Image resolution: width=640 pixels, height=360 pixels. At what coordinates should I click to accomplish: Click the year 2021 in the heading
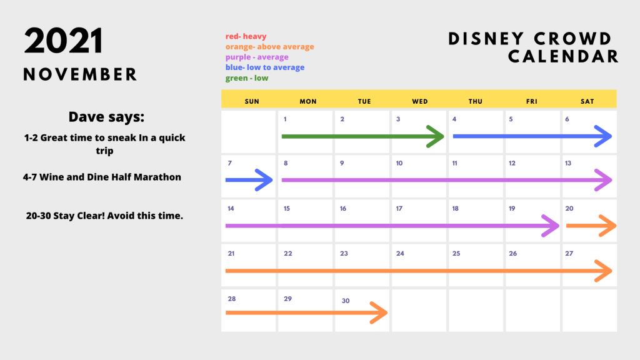(63, 41)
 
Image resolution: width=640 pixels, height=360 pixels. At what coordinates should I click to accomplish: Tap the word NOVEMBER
(80, 75)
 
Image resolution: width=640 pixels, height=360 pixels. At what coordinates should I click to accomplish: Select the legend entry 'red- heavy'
(246, 36)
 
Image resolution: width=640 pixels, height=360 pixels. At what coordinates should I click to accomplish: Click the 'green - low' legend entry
(247, 78)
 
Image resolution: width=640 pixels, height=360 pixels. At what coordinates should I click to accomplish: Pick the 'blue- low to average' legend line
(265, 67)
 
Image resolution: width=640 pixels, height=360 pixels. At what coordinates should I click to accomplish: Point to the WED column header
(420, 101)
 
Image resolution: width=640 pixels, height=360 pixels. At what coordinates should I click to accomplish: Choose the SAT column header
(587, 101)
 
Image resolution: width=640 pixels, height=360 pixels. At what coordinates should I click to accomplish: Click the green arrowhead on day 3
(435, 136)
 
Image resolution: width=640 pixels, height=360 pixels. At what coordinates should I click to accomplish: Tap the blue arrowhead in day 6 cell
(603, 136)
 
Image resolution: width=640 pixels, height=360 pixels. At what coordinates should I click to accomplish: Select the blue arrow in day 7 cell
(249, 180)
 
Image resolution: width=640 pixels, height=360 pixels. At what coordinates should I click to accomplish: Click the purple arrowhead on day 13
(603, 180)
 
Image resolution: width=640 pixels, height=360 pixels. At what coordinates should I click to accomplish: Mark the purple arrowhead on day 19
(550, 226)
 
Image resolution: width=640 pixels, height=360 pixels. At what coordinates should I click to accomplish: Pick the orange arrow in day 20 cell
(591, 226)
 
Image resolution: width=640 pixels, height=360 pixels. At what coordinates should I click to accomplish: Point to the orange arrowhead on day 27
(603, 271)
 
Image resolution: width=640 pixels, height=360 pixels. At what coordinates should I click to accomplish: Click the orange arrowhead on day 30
(379, 312)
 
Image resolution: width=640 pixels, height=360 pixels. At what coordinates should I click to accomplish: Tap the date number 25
(456, 254)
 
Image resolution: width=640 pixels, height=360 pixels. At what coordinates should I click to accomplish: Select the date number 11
(455, 163)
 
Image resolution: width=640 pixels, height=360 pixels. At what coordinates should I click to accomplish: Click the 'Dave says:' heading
(106, 117)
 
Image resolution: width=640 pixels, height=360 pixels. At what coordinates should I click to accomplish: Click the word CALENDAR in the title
(564, 57)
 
